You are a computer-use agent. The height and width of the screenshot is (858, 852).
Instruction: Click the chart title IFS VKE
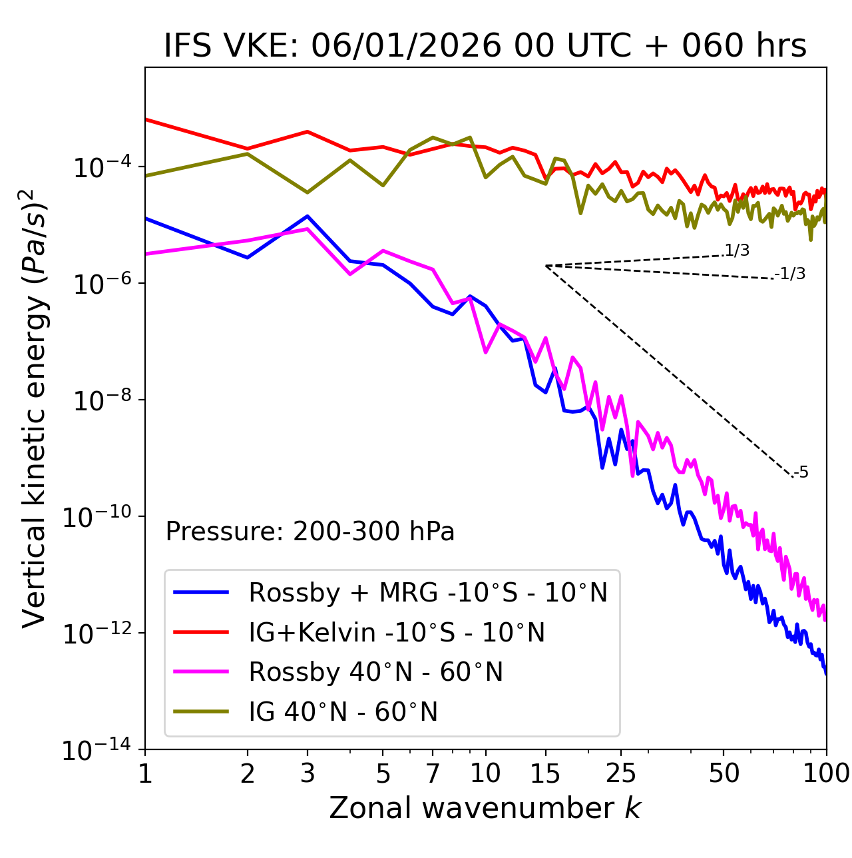[485, 47]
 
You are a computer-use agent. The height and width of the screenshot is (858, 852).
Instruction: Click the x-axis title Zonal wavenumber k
[485, 808]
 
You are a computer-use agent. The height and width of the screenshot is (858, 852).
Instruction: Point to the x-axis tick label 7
[433, 773]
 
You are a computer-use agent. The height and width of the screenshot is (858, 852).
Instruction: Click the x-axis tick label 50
[724, 773]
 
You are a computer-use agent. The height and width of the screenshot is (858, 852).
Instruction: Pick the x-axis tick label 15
[545, 773]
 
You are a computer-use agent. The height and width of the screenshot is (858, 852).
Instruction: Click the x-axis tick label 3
[308, 773]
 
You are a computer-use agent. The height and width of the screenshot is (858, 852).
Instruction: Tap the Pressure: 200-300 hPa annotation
[310, 532]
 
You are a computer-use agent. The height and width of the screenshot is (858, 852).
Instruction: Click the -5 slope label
[801, 473]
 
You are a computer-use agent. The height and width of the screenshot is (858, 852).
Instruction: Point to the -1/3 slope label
[791, 274]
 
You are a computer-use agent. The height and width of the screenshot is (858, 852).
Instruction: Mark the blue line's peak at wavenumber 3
[308, 216]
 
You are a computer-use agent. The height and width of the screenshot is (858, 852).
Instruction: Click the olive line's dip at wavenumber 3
[308, 193]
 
